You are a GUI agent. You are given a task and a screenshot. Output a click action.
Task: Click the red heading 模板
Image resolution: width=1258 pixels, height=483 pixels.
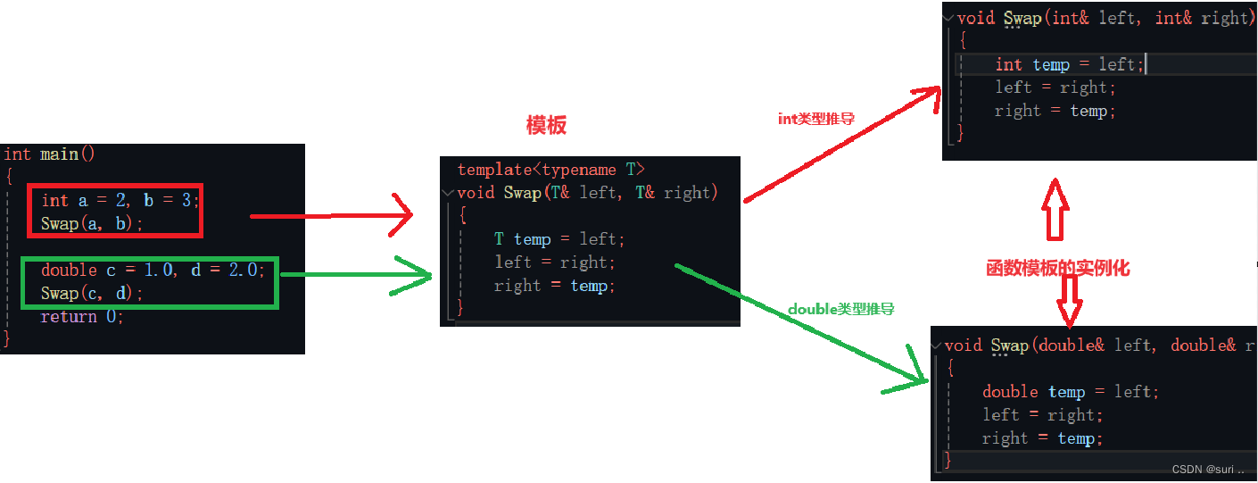click(x=546, y=125)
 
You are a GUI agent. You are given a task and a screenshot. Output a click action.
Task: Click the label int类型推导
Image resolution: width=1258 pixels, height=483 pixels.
click(x=816, y=119)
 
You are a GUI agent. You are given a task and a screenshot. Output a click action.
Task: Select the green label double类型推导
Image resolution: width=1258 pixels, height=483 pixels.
click(x=840, y=309)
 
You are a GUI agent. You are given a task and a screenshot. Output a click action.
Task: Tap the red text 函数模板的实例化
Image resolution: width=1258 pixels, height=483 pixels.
click(x=1057, y=267)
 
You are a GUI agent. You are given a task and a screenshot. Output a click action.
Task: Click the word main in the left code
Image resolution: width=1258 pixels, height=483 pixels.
click(x=59, y=154)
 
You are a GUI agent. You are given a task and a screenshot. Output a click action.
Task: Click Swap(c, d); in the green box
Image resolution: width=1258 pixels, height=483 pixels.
click(x=91, y=293)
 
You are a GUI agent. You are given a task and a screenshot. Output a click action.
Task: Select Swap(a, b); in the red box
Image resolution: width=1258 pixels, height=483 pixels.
click(x=91, y=223)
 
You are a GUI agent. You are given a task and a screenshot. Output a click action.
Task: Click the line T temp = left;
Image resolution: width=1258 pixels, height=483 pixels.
click(x=559, y=239)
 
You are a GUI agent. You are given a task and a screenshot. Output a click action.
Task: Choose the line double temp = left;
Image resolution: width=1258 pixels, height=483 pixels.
click(x=1070, y=392)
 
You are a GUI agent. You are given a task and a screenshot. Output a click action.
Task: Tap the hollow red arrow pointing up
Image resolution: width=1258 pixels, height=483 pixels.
click(x=1055, y=207)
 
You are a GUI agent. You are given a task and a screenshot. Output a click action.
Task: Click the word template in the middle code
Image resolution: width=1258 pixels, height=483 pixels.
click(x=493, y=170)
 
